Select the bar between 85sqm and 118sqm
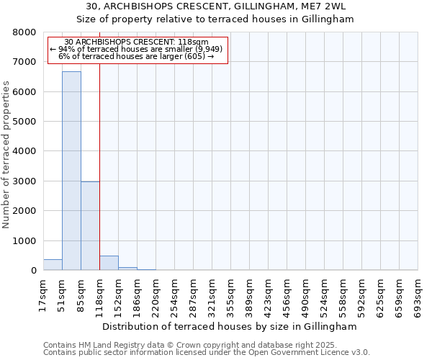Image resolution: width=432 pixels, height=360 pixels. (90, 225)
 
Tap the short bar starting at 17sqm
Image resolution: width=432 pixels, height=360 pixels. (53, 264)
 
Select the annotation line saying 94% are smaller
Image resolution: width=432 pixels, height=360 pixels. (137, 49)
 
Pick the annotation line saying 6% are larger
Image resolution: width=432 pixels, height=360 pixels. (137, 56)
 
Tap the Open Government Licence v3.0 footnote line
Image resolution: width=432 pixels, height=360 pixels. (207, 353)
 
